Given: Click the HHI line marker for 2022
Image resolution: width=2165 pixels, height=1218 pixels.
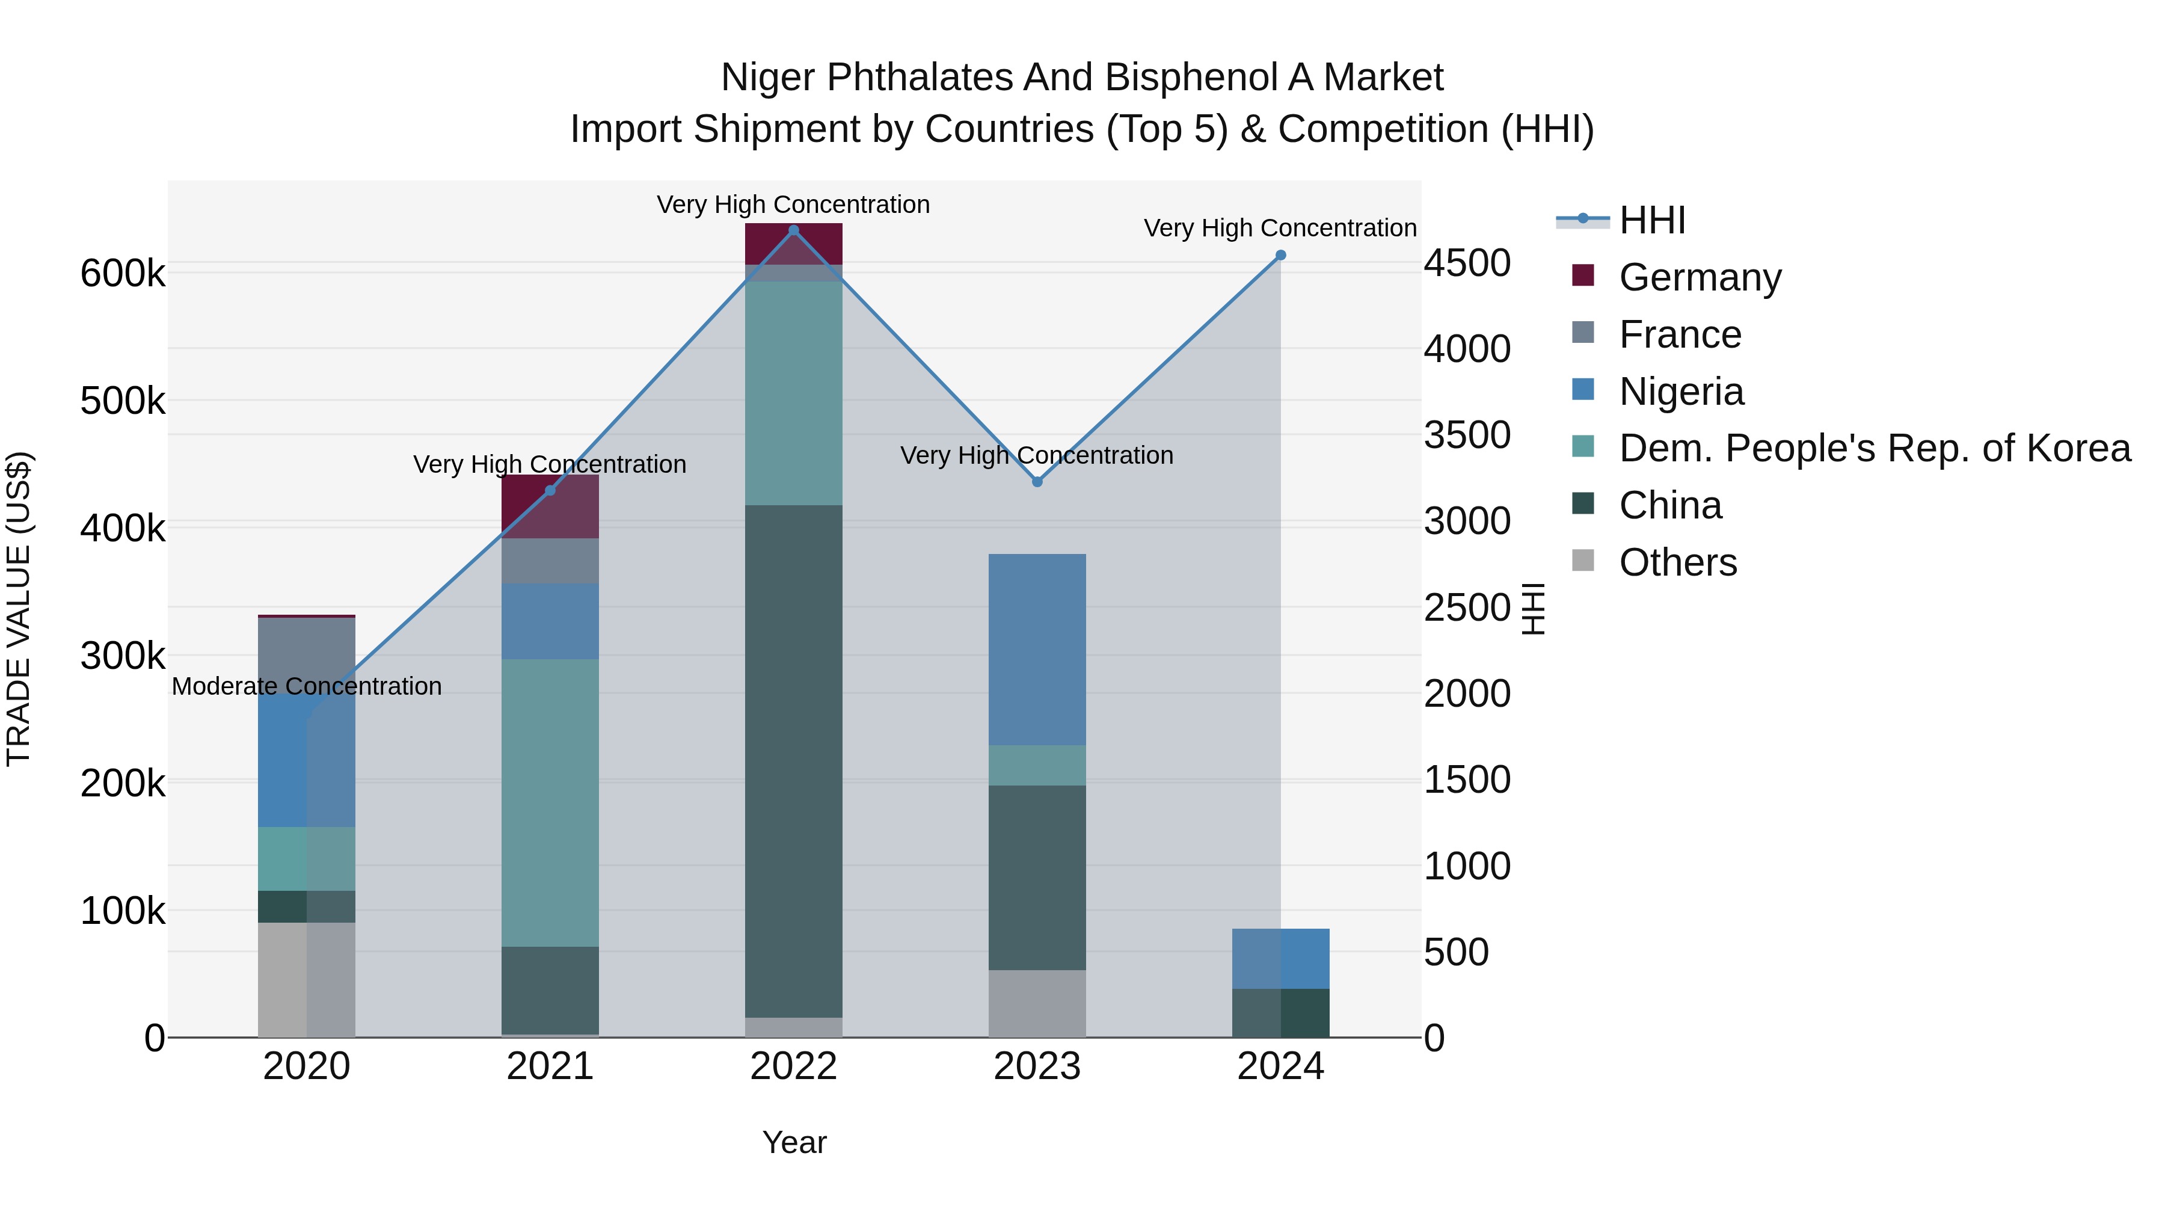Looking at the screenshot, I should tap(793, 230).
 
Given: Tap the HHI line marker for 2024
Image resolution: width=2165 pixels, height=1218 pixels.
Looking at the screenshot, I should tap(1280, 256).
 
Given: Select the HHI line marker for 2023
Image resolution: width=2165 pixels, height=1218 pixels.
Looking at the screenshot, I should tap(1037, 482).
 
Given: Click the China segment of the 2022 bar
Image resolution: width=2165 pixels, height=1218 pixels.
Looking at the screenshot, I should tap(793, 761).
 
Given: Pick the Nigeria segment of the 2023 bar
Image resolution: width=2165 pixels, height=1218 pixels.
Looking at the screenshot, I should tap(1037, 649).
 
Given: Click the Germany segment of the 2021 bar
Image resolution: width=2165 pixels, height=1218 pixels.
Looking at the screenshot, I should tap(550, 506).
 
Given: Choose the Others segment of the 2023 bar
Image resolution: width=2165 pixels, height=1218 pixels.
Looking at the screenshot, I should tap(1037, 1004).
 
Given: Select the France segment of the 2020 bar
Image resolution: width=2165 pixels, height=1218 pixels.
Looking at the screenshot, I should tap(307, 647).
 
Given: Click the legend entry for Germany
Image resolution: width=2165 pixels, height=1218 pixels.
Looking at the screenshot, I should tap(1700, 277).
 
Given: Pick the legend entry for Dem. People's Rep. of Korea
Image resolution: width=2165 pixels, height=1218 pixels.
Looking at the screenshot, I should tap(1874, 448).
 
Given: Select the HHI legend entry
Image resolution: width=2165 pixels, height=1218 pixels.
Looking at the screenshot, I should tap(1651, 220).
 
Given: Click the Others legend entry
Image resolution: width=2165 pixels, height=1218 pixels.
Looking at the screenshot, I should tap(1677, 562).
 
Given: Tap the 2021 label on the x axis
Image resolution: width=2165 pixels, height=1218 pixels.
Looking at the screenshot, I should tap(550, 1066).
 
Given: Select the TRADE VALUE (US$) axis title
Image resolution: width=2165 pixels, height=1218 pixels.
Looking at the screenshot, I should tap(19, 609).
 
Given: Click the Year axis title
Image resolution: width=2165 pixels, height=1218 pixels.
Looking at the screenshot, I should tap(793, 1142).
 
